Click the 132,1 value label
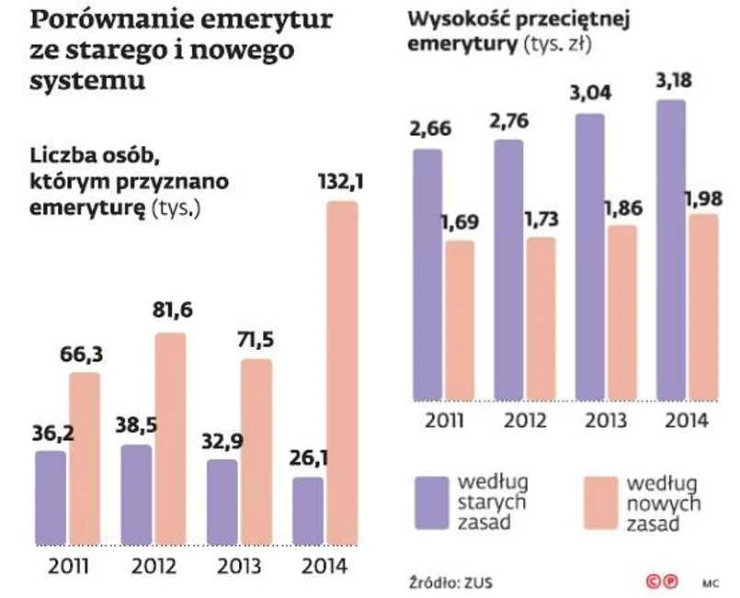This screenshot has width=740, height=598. coord(341,184)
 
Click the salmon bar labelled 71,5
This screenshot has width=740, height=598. coord(257,450)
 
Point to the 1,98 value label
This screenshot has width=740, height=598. coord(704,199)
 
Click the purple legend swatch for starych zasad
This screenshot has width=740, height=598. coord(429,502)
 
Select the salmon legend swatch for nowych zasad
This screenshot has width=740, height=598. coord(598,502)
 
